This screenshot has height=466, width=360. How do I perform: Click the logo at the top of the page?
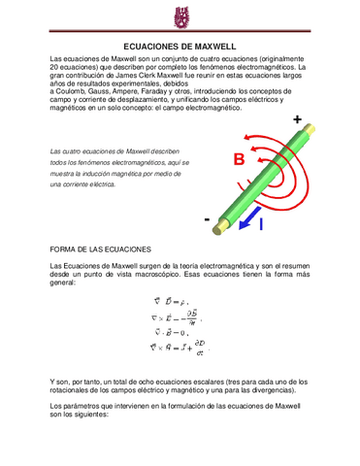point(180,17)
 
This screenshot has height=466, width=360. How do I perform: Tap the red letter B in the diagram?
point(238,160)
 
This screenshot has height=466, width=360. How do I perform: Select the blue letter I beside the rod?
point(259,224)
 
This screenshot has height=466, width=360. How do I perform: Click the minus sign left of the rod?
point(207,219)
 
